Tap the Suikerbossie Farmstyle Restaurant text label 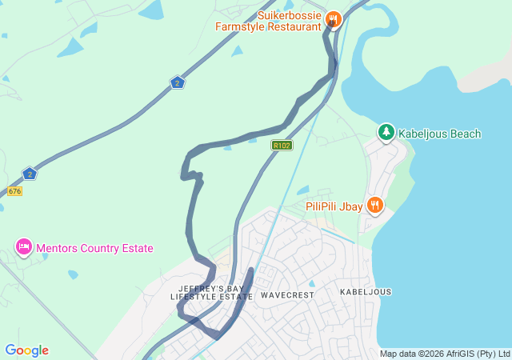[x=269, y=20]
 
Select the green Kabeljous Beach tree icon [x=386, y=132]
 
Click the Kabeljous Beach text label [x=440, y=134]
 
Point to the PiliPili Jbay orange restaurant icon [x=374, y=206]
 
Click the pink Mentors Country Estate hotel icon [x=23, y=247]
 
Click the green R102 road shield [x=282, y=145]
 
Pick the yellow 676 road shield [x=14, y=191]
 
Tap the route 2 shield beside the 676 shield [x=30, y=174]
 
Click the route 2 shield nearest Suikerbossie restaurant [x=178, y=82]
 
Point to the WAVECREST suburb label [x=287, y=294]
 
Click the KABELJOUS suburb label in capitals [x=366, y=292]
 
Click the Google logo [x=26, y=350]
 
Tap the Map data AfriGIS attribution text [x=444, y=354]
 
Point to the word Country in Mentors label [x=99, y=248]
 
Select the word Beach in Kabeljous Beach [x=465, y=134]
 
